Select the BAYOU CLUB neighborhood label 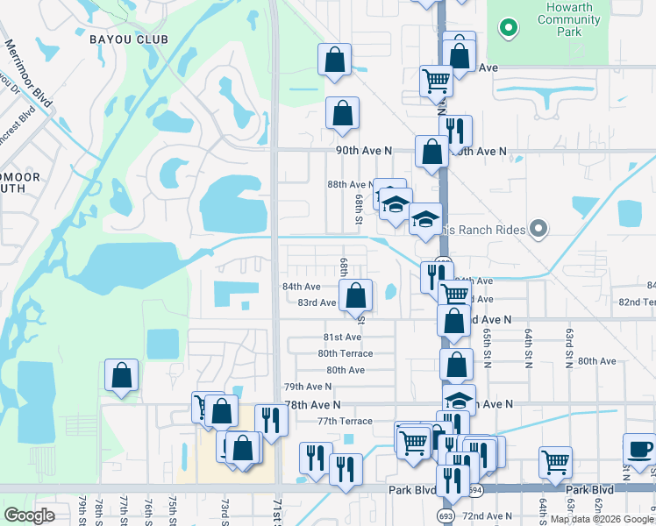click(128, 39)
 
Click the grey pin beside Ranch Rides click(538, 230)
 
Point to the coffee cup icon click(639, 449)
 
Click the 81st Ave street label click(342, 337)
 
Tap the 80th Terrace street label click(345, 353)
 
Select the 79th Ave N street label click(307, 387)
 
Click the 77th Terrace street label click(345, 421)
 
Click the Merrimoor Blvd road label click(27, 75)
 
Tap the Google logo click(29, 515)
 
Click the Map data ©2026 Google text click(602, 519)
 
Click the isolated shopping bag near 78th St click(122, 374)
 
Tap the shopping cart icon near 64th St click(556, 462)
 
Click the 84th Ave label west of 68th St click(301, 287)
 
